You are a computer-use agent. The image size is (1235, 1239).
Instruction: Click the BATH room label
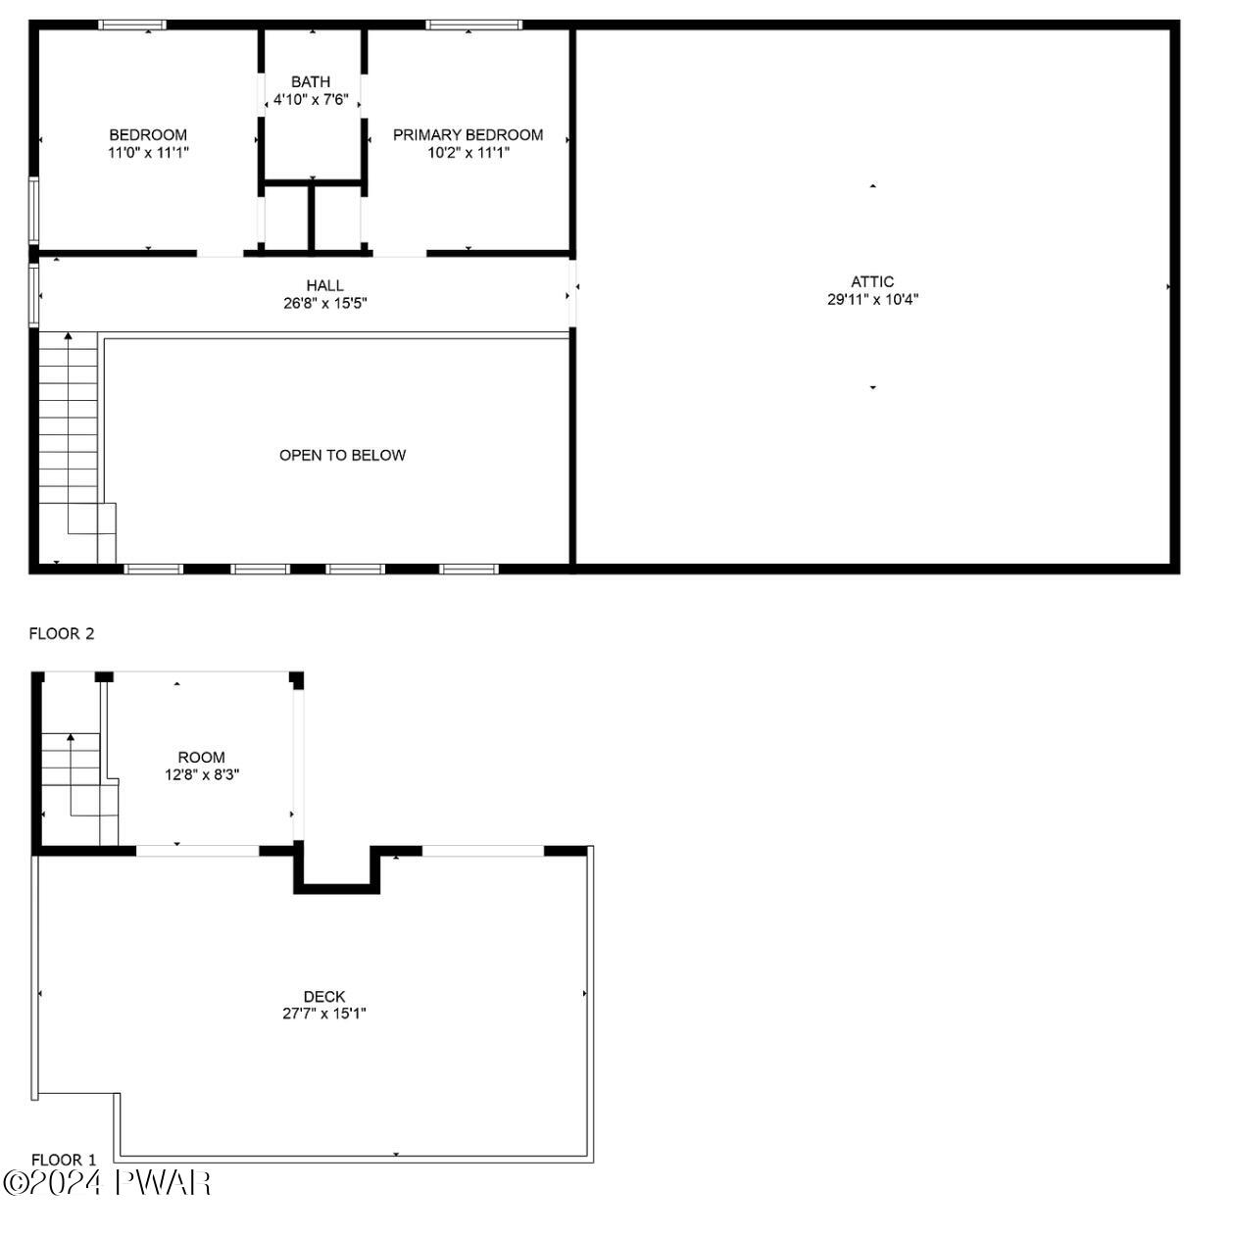point(311,82)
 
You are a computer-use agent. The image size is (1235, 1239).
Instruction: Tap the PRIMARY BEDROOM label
point(468,135)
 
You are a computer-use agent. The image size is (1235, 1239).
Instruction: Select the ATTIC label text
point(871,282)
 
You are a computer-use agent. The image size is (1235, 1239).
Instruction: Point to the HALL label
point(324,286)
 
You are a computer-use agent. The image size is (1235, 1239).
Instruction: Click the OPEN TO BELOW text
point(342,455)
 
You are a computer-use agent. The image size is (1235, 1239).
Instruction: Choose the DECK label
point(324,997)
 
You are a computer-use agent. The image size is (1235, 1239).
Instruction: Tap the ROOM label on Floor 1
point(201,758)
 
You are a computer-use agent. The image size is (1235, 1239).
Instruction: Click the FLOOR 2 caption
point(62,634)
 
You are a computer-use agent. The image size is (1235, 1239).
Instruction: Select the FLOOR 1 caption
point(64,1161)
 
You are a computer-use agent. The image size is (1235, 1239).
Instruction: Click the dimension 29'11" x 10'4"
point(872,300)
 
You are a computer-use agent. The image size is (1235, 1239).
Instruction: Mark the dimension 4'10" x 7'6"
point(311,100)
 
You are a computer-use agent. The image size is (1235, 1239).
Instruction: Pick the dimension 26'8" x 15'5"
point(324,304)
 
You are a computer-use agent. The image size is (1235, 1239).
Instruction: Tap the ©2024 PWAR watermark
point(107,1183)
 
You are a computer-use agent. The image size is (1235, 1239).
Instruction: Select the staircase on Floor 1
point(74,784)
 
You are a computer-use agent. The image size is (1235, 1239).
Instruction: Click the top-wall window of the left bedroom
point(133,25)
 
